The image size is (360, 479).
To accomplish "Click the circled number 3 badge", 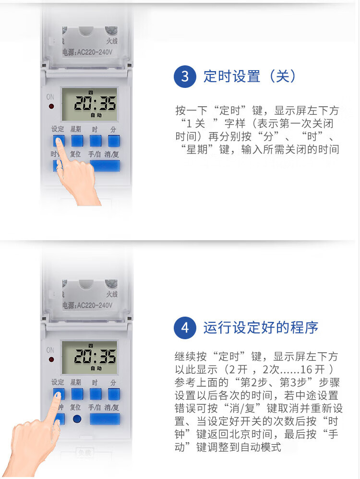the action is tap(185, 76).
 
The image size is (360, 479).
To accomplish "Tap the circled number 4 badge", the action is tap(185, 328).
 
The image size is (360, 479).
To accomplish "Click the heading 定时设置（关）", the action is tap(250, 76).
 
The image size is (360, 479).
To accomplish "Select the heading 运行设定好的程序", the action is tap(261, 328).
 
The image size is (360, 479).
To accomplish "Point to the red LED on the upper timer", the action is tap(51, 106).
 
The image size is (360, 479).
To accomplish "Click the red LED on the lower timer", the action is tap(51, 359).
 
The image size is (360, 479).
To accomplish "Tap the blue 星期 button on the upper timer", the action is tap(77, 141).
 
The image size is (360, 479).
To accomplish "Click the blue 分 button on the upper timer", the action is tap(114, 141).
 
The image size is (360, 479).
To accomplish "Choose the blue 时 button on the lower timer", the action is tap(96, 394).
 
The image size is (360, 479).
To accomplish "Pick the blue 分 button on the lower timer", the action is tap(114, 394).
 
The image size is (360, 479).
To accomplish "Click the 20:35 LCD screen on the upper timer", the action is tap(90, 104).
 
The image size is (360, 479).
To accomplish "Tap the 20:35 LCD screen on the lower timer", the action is tap(90, 357).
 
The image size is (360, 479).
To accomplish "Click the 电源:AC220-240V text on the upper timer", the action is tap(87, 52).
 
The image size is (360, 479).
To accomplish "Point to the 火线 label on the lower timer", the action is tap(112, 294).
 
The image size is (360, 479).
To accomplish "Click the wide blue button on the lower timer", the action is tap(105, 419).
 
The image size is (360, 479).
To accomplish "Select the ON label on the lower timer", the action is tap(50, 350).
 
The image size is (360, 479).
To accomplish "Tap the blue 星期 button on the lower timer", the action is tap(77, 394).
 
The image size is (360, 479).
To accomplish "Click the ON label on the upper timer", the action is tap(50, 97).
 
